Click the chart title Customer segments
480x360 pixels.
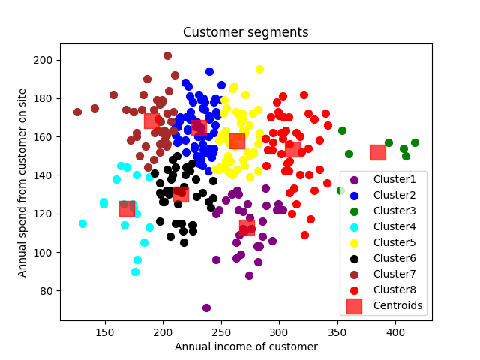point(246,32)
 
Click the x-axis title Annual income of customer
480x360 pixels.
point(246,346)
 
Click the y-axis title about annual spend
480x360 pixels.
point(23,183)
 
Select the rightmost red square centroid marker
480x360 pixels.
point(378,152)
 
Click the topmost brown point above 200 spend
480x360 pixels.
point(167,55)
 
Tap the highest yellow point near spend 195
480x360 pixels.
point(259,69)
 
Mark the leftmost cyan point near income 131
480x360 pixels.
point(82,223)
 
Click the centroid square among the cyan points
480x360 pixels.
point(127,208)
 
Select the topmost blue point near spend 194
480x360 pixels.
point(209,71)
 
